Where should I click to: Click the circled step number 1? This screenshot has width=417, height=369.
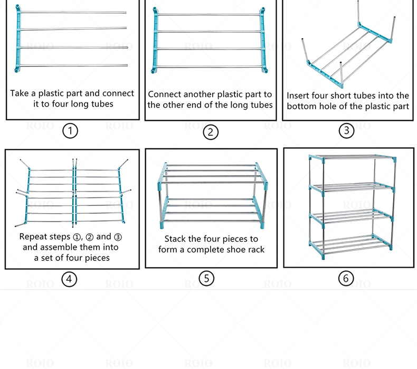[70, 130]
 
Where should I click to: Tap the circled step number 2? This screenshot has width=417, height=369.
[210, 131]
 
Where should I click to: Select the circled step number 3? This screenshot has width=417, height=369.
[346, 130]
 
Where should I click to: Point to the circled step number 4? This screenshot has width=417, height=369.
[69, 279]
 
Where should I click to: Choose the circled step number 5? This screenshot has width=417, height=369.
[206, 278]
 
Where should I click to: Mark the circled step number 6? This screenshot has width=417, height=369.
[346, 278]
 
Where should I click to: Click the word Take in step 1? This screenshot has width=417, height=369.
[19, 93]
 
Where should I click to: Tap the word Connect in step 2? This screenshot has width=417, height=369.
[167, 94]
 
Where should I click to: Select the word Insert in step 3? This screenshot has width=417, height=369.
[298, 96]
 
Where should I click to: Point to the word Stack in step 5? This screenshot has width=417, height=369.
[175, 239]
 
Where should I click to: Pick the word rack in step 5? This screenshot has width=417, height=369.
[254, 249]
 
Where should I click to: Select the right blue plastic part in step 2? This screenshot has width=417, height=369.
[262, 40]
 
